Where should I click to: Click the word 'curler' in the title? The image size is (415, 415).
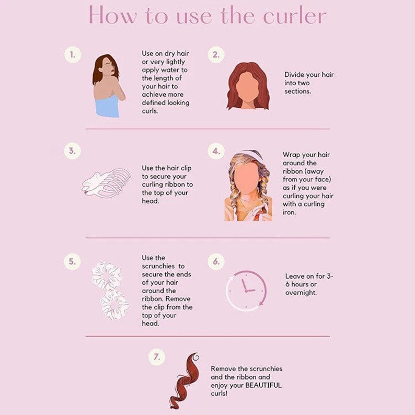pyautogui.click(x=294, y=16)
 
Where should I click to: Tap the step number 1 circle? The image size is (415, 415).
pyautogui.click(x=73, y=55)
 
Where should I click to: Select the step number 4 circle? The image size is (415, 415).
pyautogui.click(x=216, y=151)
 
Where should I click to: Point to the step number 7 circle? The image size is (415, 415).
pyautogui.click(x=157, y=357)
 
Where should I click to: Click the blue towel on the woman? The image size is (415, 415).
pyautogui.click(x=108, y=106)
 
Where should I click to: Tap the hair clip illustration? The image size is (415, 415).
pyautogui.click(x=106, y=183)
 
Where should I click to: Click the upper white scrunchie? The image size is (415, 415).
pyautogui.click(x=107, y=276)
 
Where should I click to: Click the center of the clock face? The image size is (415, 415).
pyautogui.click(x=246, y=291)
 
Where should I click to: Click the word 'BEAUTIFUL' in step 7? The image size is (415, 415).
pyautogui.click(x=263, y=385)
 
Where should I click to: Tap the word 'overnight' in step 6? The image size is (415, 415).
pyautogui.click(x=301, y=293)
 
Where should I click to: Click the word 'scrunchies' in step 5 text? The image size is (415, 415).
pyautogui.click(x=158, y=266)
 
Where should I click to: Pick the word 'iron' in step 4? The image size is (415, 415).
pyautogui.click(x=289, y=212)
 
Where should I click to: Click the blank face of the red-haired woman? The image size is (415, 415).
pyautogui.click(x=247, y=88)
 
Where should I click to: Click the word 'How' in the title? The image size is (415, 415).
pyautogui.click(x=113, y=15)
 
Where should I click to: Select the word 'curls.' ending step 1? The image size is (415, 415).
pyautogui.click(x=150, y=111)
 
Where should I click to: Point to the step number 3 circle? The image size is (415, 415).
pyautogui.click(x=72, y=151)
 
